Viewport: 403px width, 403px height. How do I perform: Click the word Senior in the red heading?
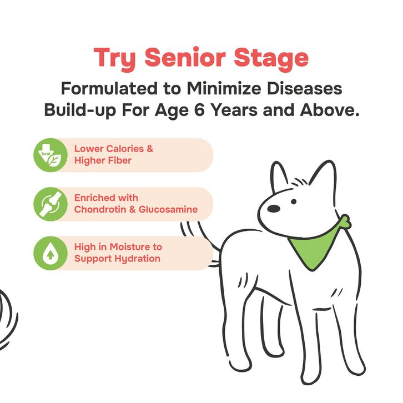point(185,57)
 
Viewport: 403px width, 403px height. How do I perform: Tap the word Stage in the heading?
point(271,59)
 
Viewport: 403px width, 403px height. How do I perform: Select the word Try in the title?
point(115,59)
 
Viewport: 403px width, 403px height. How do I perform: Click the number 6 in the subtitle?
point(199,110)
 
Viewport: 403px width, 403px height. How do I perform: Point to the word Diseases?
point(304,88)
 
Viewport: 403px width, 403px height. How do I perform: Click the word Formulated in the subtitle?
point(109,88)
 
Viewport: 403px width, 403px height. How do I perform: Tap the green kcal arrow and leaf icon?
point(51,155)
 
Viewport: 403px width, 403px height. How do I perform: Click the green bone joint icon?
point(51,204)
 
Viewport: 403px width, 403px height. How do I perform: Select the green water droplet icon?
point(51,253)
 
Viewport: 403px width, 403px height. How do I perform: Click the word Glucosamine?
point(168,209)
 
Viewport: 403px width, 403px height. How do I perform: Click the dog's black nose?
point(274,209)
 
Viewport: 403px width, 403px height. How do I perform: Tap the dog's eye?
point(294,201)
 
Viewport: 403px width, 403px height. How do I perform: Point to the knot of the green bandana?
point(345,222)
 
